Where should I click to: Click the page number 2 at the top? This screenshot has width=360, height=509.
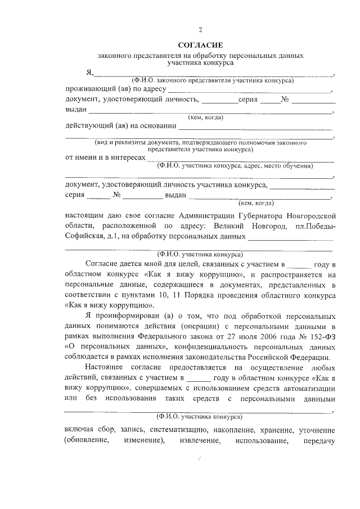point(200,30)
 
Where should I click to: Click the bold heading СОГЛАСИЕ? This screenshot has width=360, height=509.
point(200,44)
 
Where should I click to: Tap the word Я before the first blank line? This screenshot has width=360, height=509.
point(89,73)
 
